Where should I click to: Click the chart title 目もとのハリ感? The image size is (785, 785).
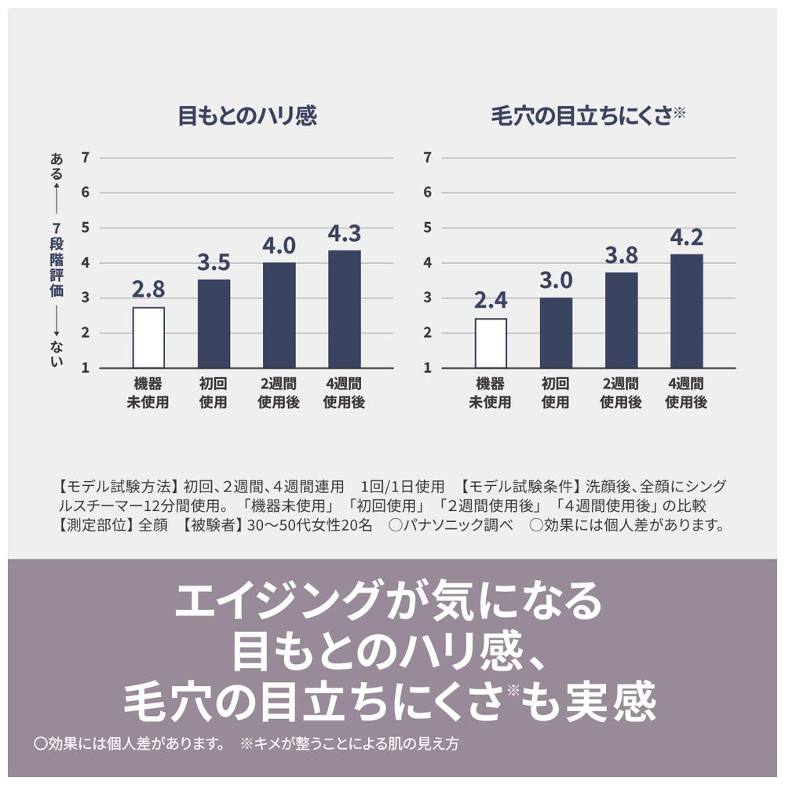click(x=246, y=117)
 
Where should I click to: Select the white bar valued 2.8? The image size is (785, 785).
click(x=148, y=338)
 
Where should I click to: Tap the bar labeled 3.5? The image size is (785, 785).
click(x=214, y=323)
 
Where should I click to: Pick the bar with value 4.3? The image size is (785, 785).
click(x=344, y=309)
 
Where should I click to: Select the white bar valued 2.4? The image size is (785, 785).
click(x=491, y=343)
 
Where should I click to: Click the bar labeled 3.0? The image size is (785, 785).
click(x=556, y=333)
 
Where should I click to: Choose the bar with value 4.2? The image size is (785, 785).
click(x=686, y=311)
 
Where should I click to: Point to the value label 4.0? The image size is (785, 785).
click(x=279, y=245)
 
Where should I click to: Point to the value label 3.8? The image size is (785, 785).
click(x=621, y=255)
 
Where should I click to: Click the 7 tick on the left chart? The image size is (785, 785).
click(x=85, y=157)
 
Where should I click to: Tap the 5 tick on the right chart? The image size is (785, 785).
click(x=428, y=228)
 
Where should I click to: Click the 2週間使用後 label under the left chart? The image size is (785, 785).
click(x=279, y=393)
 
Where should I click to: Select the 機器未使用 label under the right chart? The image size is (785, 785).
click(x=491, y=393)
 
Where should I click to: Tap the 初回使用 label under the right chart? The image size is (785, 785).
click(x=556, y=393)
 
